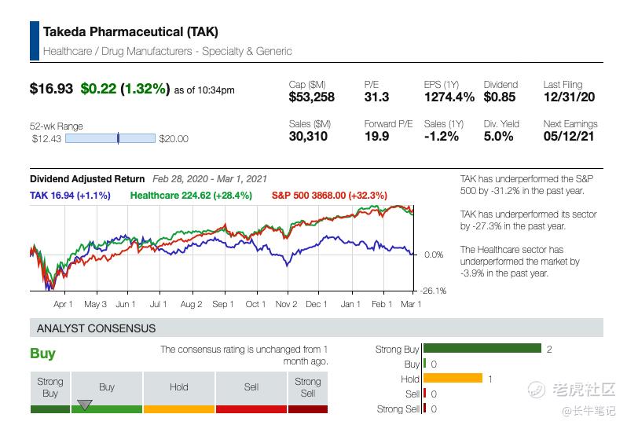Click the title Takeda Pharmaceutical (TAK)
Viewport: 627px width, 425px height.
coord(130,32)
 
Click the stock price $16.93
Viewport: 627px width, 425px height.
coord(51,89)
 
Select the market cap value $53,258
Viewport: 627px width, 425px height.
coord(312,97)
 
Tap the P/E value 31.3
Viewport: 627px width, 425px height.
coord(376,97)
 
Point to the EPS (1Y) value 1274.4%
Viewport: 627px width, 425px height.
coord(449,97)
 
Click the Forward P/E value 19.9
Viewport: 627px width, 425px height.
coord(376,137)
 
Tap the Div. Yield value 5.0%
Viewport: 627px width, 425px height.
coord(499,137)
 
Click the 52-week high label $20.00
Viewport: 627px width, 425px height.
coord(174,139)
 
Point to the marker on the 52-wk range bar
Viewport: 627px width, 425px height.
coord(118,139)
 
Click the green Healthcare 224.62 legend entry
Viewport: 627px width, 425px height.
coord(191,195)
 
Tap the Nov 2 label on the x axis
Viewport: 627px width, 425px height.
coord(286,304)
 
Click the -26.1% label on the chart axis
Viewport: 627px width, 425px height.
coord(434,290)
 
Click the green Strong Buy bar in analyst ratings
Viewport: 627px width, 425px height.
coord(482,349)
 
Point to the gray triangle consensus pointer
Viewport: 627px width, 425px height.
coord(85,405)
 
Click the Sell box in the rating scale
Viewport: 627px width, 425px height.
coord(251,387)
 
